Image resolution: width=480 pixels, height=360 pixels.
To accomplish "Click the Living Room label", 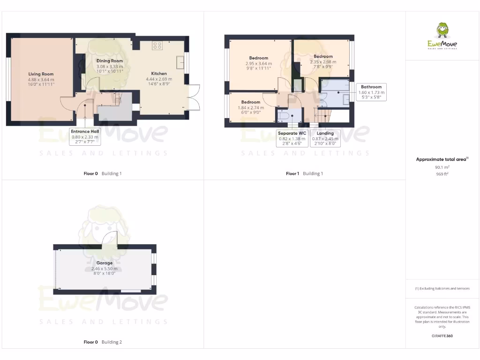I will click(x=41, y=74).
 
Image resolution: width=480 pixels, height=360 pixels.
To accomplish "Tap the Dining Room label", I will click(x=110, y=61).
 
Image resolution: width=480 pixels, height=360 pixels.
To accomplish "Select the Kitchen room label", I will click(x=159, y=74).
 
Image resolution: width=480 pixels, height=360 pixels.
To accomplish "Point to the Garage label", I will click(x=105, y=263).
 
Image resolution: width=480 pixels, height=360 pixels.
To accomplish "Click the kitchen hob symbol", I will click(x=157, y=46).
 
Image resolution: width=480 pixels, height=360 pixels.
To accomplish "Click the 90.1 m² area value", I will click(x=442, y=167).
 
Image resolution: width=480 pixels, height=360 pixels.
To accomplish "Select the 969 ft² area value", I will click(x=442, y=173).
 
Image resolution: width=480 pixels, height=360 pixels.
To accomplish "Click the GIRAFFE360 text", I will click(x=442, y=336).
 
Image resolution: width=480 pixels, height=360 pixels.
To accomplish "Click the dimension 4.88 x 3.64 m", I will click(x=41, y=79).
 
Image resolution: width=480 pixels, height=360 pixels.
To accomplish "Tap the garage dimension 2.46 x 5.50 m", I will click(x=105, y=268).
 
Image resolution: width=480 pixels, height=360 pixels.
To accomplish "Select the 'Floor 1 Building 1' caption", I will click(x=304, y=173).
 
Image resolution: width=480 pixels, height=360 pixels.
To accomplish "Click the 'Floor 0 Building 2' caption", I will click(x=103, y=342).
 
